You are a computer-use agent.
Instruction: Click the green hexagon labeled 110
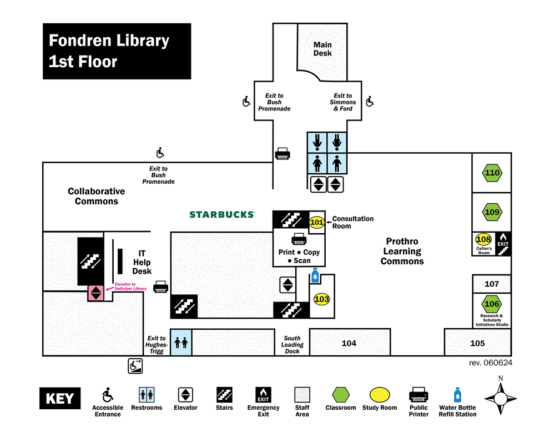(x=492, y=173)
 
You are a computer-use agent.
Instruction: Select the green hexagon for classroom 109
(x=492, y=212)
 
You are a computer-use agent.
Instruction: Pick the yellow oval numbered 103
(x=322, y=299)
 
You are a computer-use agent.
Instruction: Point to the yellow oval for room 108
(x=484, y=239)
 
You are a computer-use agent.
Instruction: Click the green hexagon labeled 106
(x=492, y=304)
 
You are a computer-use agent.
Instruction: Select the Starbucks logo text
(x=222, y=214)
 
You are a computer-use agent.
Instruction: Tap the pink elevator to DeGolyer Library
(x=96, y=293)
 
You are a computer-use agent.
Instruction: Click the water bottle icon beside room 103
(x=315, y=276)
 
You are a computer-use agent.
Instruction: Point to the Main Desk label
(x=322, y=49)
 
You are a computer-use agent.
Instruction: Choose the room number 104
(x=349, y=343)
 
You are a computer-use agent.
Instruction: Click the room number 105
(x=477, y=343)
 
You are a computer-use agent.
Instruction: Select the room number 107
(x=492, y=284)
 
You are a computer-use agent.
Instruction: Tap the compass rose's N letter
(x=501, y=379)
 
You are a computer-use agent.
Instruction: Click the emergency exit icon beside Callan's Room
(x=503, y=244)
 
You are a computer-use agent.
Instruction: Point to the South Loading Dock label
(x=292, y=345)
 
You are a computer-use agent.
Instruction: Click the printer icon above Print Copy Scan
(x=299, y=239)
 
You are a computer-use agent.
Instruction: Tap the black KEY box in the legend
(x=59, y=399)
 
